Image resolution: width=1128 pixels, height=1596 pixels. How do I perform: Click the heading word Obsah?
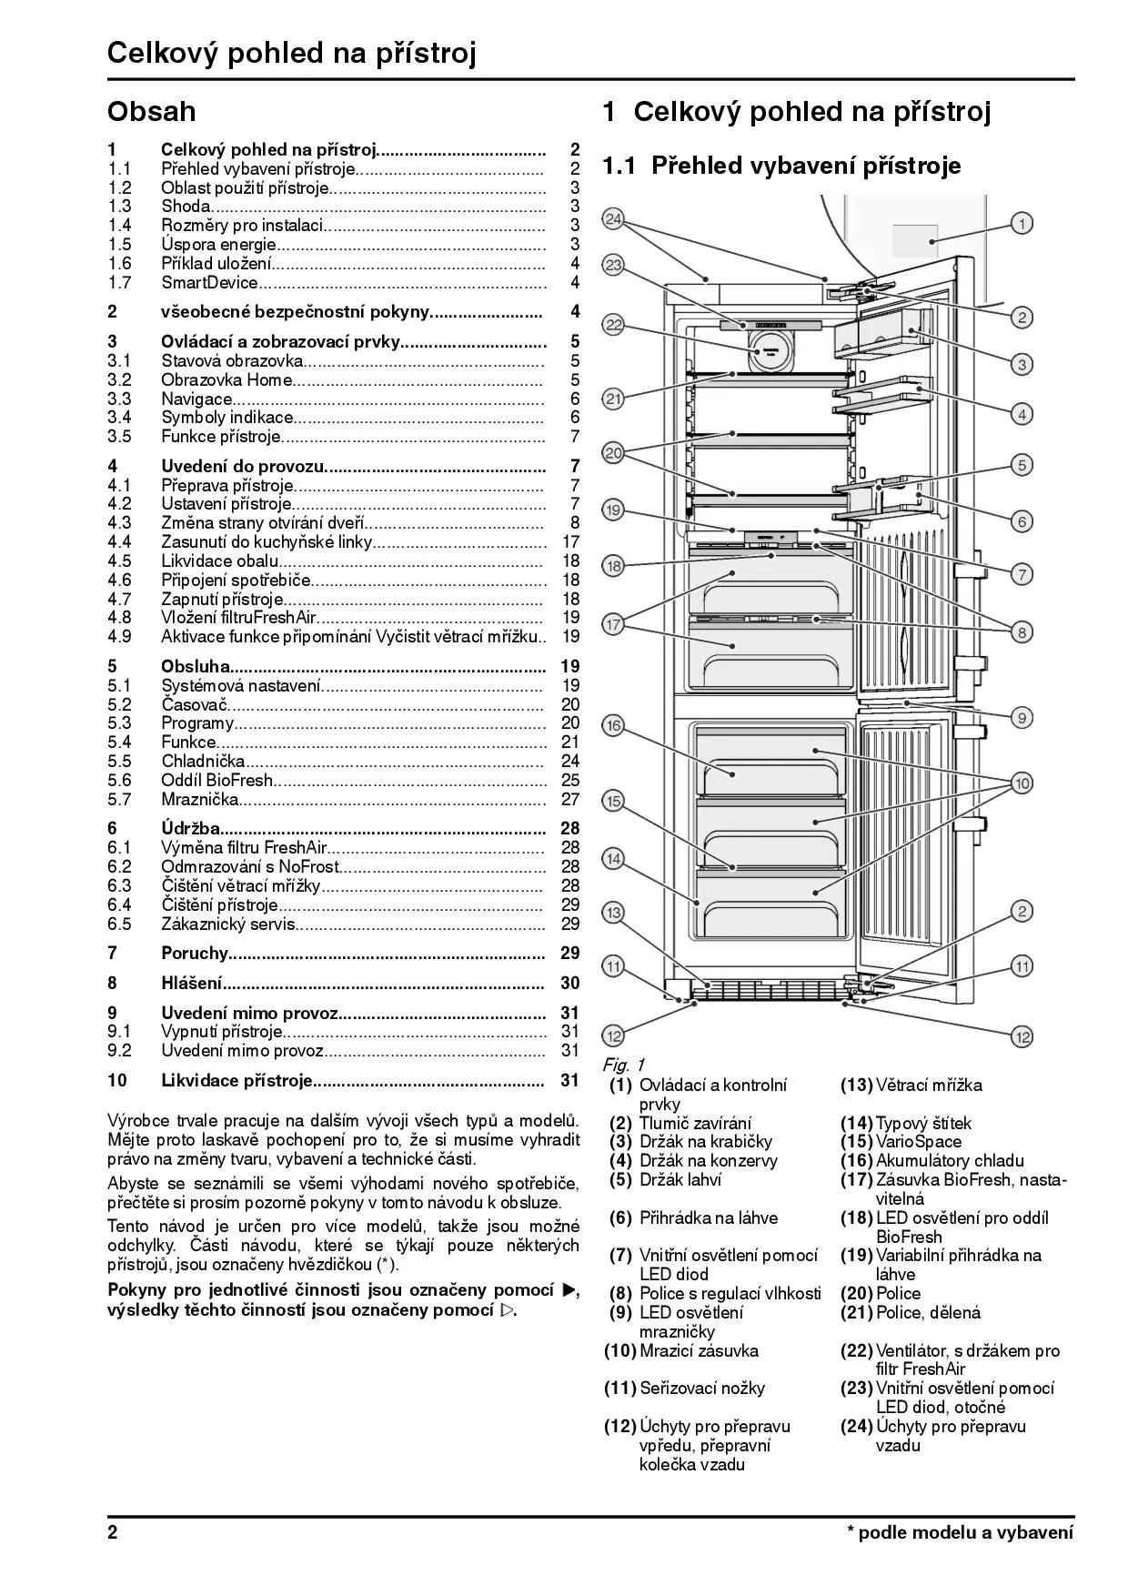click(x=151, y=111)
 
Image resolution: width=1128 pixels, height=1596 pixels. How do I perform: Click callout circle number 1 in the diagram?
click(x=1022, y=223)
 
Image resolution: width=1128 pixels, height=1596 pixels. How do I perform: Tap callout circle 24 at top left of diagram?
click(x=613, y=219)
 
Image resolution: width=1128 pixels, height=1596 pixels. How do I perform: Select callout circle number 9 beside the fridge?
click(x=1022, y=717)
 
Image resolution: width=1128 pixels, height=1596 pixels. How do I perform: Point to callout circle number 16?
click(x=613, y=725)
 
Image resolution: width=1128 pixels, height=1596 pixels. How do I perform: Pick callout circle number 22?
click(x=613, y=325)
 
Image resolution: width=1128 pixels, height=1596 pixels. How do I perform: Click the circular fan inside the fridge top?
click(x=770, y=349)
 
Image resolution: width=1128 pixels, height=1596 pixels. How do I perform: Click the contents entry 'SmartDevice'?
click(x=209, y=283)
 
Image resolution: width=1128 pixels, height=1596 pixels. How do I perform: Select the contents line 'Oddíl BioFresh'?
click(x=217, y=781)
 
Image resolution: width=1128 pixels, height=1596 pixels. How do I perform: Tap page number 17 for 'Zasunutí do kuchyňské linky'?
click(x=570, y=542)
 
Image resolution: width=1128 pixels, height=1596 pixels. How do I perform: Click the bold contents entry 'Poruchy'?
click(x=194, y=954)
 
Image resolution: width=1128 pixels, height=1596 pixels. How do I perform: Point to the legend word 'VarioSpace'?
click(x=918, y=1142)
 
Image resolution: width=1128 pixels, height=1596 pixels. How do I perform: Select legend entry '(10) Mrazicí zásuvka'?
click(x=682, y=1351)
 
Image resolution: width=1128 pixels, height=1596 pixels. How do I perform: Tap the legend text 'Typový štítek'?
click(x=923, y=1123)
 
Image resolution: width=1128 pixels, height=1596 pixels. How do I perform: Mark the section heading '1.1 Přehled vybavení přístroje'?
click(x=781, y=167)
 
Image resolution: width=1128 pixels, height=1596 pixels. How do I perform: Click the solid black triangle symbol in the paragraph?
click(x=569, y=1290)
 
